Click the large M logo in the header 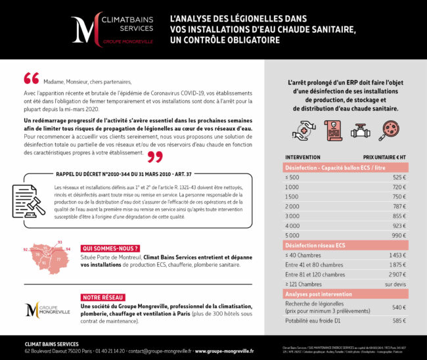(x=85, y=29)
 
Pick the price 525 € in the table (x=399, y=177)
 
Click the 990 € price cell (x=399, y=235)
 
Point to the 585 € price (x=399, y=321)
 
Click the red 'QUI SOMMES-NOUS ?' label (x=110, y=248)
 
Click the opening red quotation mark (x=31, y=78)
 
